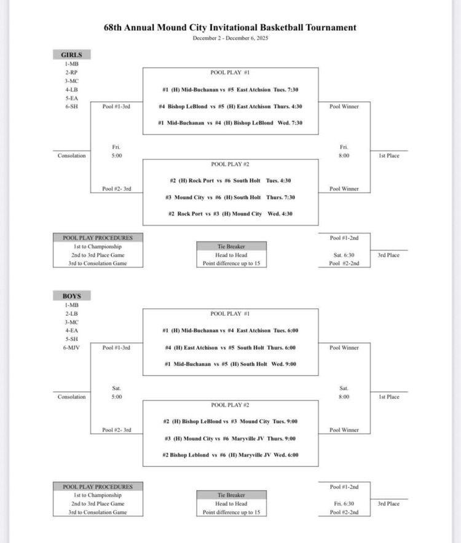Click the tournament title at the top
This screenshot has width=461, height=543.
point(230,28)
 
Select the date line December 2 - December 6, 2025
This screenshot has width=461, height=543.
point(230,38)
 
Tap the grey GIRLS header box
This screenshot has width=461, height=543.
point(71,55)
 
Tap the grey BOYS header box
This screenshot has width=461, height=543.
point(71,295)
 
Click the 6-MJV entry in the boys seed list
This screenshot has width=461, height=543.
point(71,348)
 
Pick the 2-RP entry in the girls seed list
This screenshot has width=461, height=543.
point(71,72)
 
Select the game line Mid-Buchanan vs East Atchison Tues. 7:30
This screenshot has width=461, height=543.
point(230,90)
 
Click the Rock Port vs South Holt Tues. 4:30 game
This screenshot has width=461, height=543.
point(230,181)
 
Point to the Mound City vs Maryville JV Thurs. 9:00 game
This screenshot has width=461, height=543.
point(230,439)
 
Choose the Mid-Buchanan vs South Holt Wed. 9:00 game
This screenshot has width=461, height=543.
point(230,364)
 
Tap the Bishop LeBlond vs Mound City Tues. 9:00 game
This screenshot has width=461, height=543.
point(230,421)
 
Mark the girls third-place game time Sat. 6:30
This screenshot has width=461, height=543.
point(344,255)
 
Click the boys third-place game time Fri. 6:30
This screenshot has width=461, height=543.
point(344,504)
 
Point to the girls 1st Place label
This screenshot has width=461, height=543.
point(388,156)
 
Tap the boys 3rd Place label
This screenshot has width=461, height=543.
point(388,504)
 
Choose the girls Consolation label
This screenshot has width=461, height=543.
point(71,156)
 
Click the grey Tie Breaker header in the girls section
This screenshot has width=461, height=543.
point(231,246)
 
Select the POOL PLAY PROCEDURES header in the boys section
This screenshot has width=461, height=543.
point(98,486)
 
